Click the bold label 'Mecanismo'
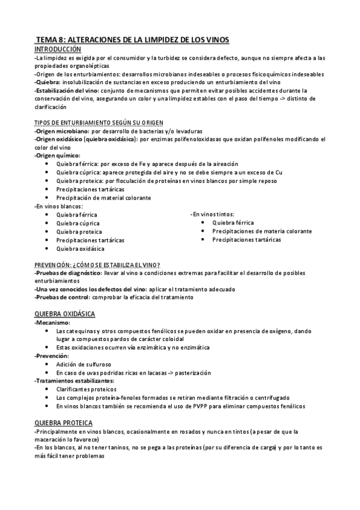(52, 323)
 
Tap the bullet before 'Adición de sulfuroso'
(48, 364)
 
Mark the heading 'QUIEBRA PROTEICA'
(63, 423)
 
